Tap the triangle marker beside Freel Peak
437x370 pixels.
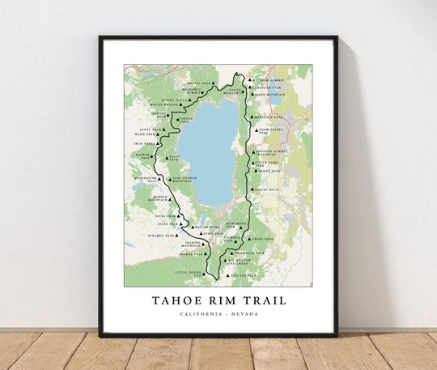[248, 240]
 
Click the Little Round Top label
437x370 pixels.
[191, 275]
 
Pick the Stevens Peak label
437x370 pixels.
[243, 274]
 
